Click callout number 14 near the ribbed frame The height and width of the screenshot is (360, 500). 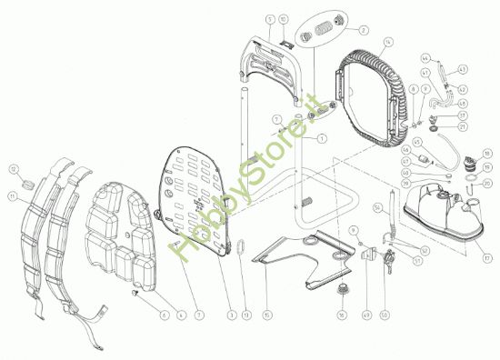click(388, 42)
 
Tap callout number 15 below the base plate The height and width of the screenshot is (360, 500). click(266, 315)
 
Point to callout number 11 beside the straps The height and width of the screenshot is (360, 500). click(12, 196)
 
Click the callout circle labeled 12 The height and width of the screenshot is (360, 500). click(13, 168)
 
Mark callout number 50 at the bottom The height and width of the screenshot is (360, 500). click(384, 315)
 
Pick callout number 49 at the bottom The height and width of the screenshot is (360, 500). click(365, 315)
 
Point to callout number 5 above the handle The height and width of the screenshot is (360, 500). click(270, 18)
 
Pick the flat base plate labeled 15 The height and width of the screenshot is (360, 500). click(300, 257)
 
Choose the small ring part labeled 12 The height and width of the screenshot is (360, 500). click(26, 183)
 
